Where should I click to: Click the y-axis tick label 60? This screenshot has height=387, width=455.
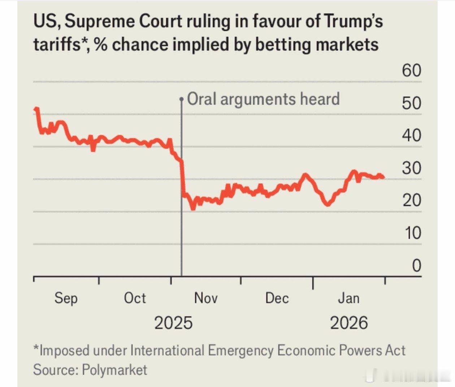(x=412, y=70)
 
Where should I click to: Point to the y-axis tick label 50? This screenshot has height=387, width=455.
(x=412, y=103)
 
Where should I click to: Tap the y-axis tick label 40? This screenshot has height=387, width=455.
(x=412, y=135)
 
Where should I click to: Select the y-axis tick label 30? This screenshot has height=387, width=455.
(x=412, y=168)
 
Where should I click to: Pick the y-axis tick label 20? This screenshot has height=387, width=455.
(x=412, y=200)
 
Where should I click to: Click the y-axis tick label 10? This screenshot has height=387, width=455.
(x=413, y=233)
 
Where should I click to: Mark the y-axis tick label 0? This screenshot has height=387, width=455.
(x=416, y=265)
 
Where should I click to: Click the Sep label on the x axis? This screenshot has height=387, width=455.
(x=66, y=299)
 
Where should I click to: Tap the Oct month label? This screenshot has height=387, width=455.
(x=135, y=298)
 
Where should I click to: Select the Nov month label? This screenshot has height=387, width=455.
(x=206, y=298)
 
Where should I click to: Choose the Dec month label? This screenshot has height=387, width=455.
(x=277, y=298)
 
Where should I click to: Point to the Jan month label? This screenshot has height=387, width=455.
(x=348, y=298)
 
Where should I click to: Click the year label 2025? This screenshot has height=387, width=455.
(x=173, y=323)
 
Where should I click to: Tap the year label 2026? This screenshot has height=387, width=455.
(x=349, y=323)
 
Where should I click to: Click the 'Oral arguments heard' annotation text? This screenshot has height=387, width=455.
(x=263, y=99)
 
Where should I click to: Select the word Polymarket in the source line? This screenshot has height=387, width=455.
(x=114, y=370)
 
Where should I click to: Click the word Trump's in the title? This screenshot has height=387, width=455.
(x=353, y=22)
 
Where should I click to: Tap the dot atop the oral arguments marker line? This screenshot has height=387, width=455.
(x=181, y=98)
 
